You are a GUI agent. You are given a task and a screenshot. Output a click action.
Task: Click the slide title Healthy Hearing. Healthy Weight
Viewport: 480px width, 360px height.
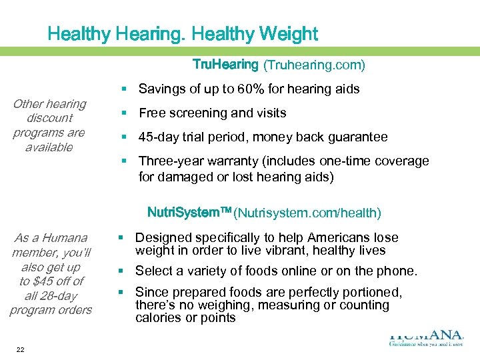(x=183, y=33)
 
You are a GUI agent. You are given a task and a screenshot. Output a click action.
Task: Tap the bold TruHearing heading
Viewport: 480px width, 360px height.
(x=225, y=65)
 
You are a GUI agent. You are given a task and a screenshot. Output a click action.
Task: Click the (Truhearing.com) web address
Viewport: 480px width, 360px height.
(x=314, y=65)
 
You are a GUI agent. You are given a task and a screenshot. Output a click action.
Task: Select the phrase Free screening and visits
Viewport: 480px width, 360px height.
(x=212, y=113)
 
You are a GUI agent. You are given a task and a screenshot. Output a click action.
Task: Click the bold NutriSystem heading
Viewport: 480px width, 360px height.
(x=188, y=213)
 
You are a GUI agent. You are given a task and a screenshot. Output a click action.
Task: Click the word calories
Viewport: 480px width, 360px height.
(x=157, y=317)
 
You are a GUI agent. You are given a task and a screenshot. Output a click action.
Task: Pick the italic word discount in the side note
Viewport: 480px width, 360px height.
(x=50, y=118)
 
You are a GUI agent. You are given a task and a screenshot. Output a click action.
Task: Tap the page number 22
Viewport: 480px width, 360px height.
(x=21, y=349)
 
